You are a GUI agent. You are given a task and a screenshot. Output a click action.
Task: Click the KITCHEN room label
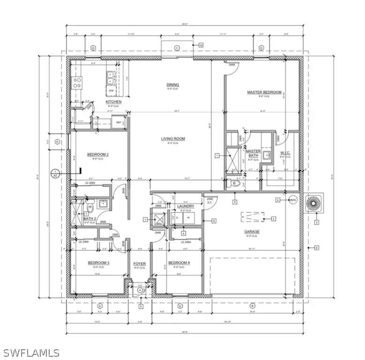pyautogui.click(x=113, y=102)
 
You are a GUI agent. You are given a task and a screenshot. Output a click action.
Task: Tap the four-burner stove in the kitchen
pyautogui.click(x=77, y=83)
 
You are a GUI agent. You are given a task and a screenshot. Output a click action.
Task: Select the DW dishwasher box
pyautogui.click(x=112, y=90)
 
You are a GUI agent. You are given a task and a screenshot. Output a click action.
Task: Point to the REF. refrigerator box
pyautogui.click(x=119, y=123)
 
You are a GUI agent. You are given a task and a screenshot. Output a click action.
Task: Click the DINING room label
pyautogui.click(x=173, y=85)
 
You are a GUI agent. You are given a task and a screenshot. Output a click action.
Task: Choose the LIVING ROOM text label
pyautogui.click(x=173, y=139)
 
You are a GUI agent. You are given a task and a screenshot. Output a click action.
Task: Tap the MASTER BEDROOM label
pyautogui.click(x=265, y=92)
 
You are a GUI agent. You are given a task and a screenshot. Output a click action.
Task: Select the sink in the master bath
pyautogui.click(x=267, y=154)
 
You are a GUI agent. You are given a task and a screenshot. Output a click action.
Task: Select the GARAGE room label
pyautogui.click(x=251, y=232)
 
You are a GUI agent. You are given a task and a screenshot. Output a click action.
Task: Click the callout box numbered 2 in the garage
pyautogui.click(x=274, y=218)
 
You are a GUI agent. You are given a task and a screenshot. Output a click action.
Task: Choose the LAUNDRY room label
pyautogui.click(x=186, y=206)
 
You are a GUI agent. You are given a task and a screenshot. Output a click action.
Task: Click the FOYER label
pyautogui.click(x=139, y=263)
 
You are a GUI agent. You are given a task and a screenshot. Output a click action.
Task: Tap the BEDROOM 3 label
pyautogui.click(x=98, y=263)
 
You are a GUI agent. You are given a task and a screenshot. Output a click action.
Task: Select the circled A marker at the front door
pyautogui.click(x=140, y=291)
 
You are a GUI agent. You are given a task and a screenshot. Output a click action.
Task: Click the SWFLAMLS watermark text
pyautogui.click(x=31, y=352)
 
